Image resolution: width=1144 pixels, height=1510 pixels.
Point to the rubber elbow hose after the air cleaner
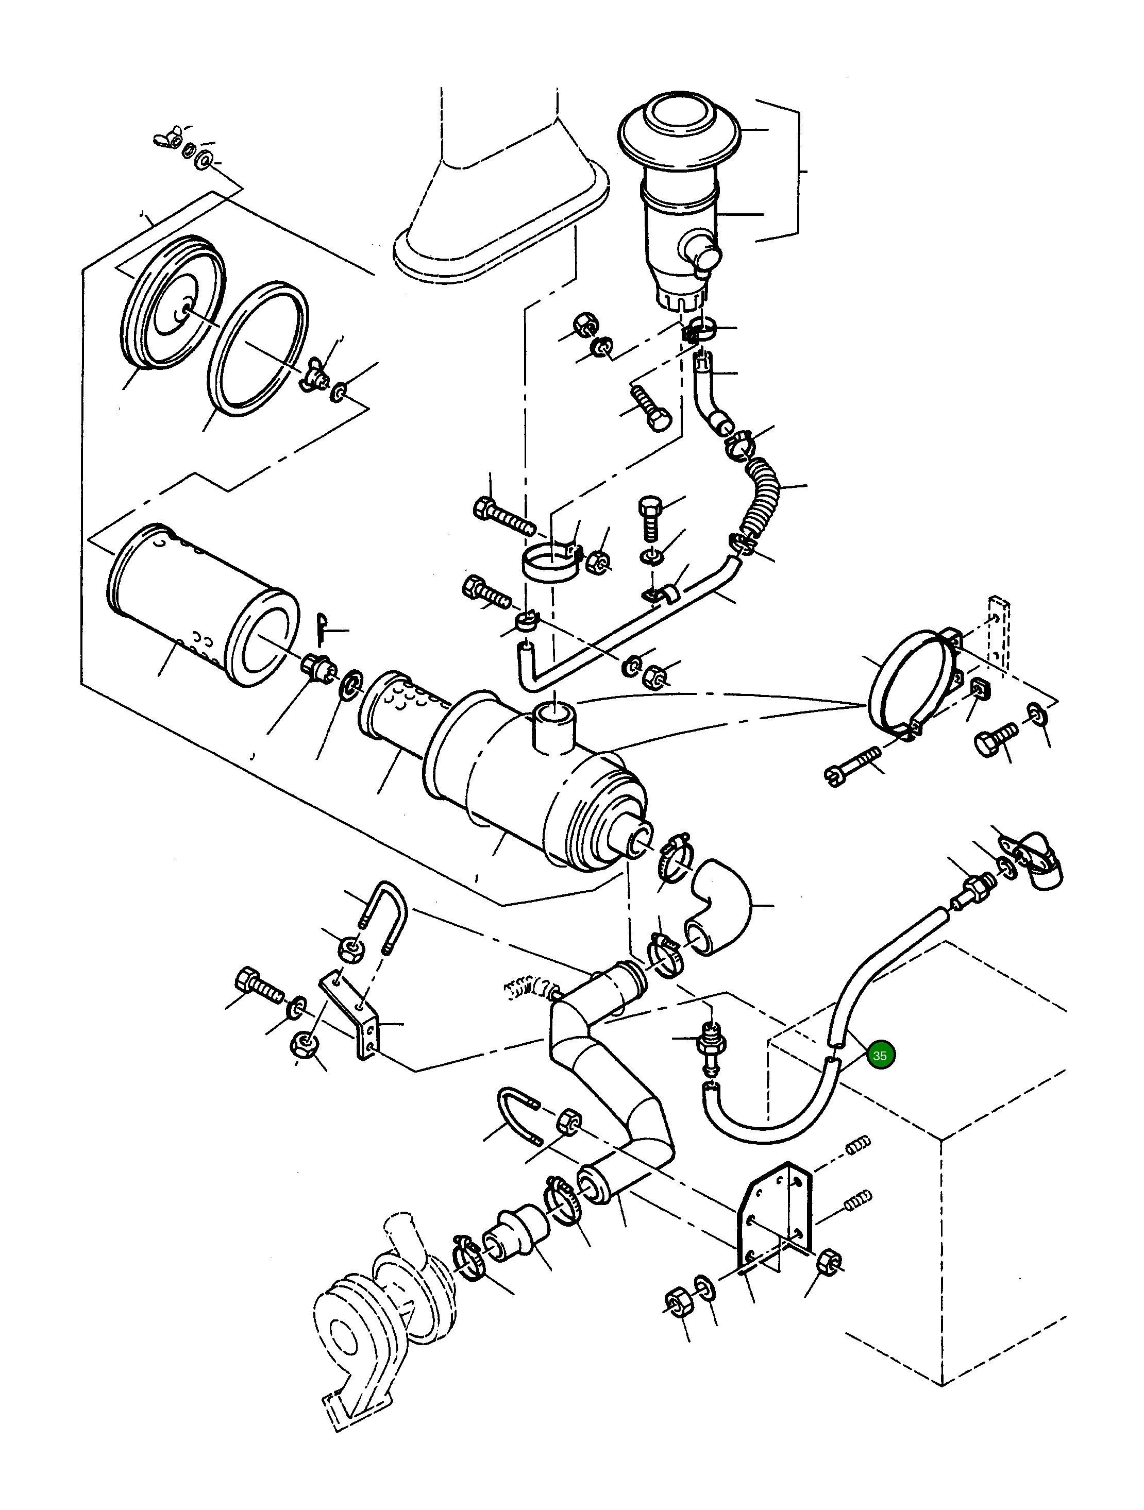(718, 906)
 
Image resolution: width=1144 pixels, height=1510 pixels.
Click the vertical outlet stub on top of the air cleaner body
(553, 727)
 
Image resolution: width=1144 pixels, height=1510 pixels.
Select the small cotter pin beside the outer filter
(324, 628)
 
